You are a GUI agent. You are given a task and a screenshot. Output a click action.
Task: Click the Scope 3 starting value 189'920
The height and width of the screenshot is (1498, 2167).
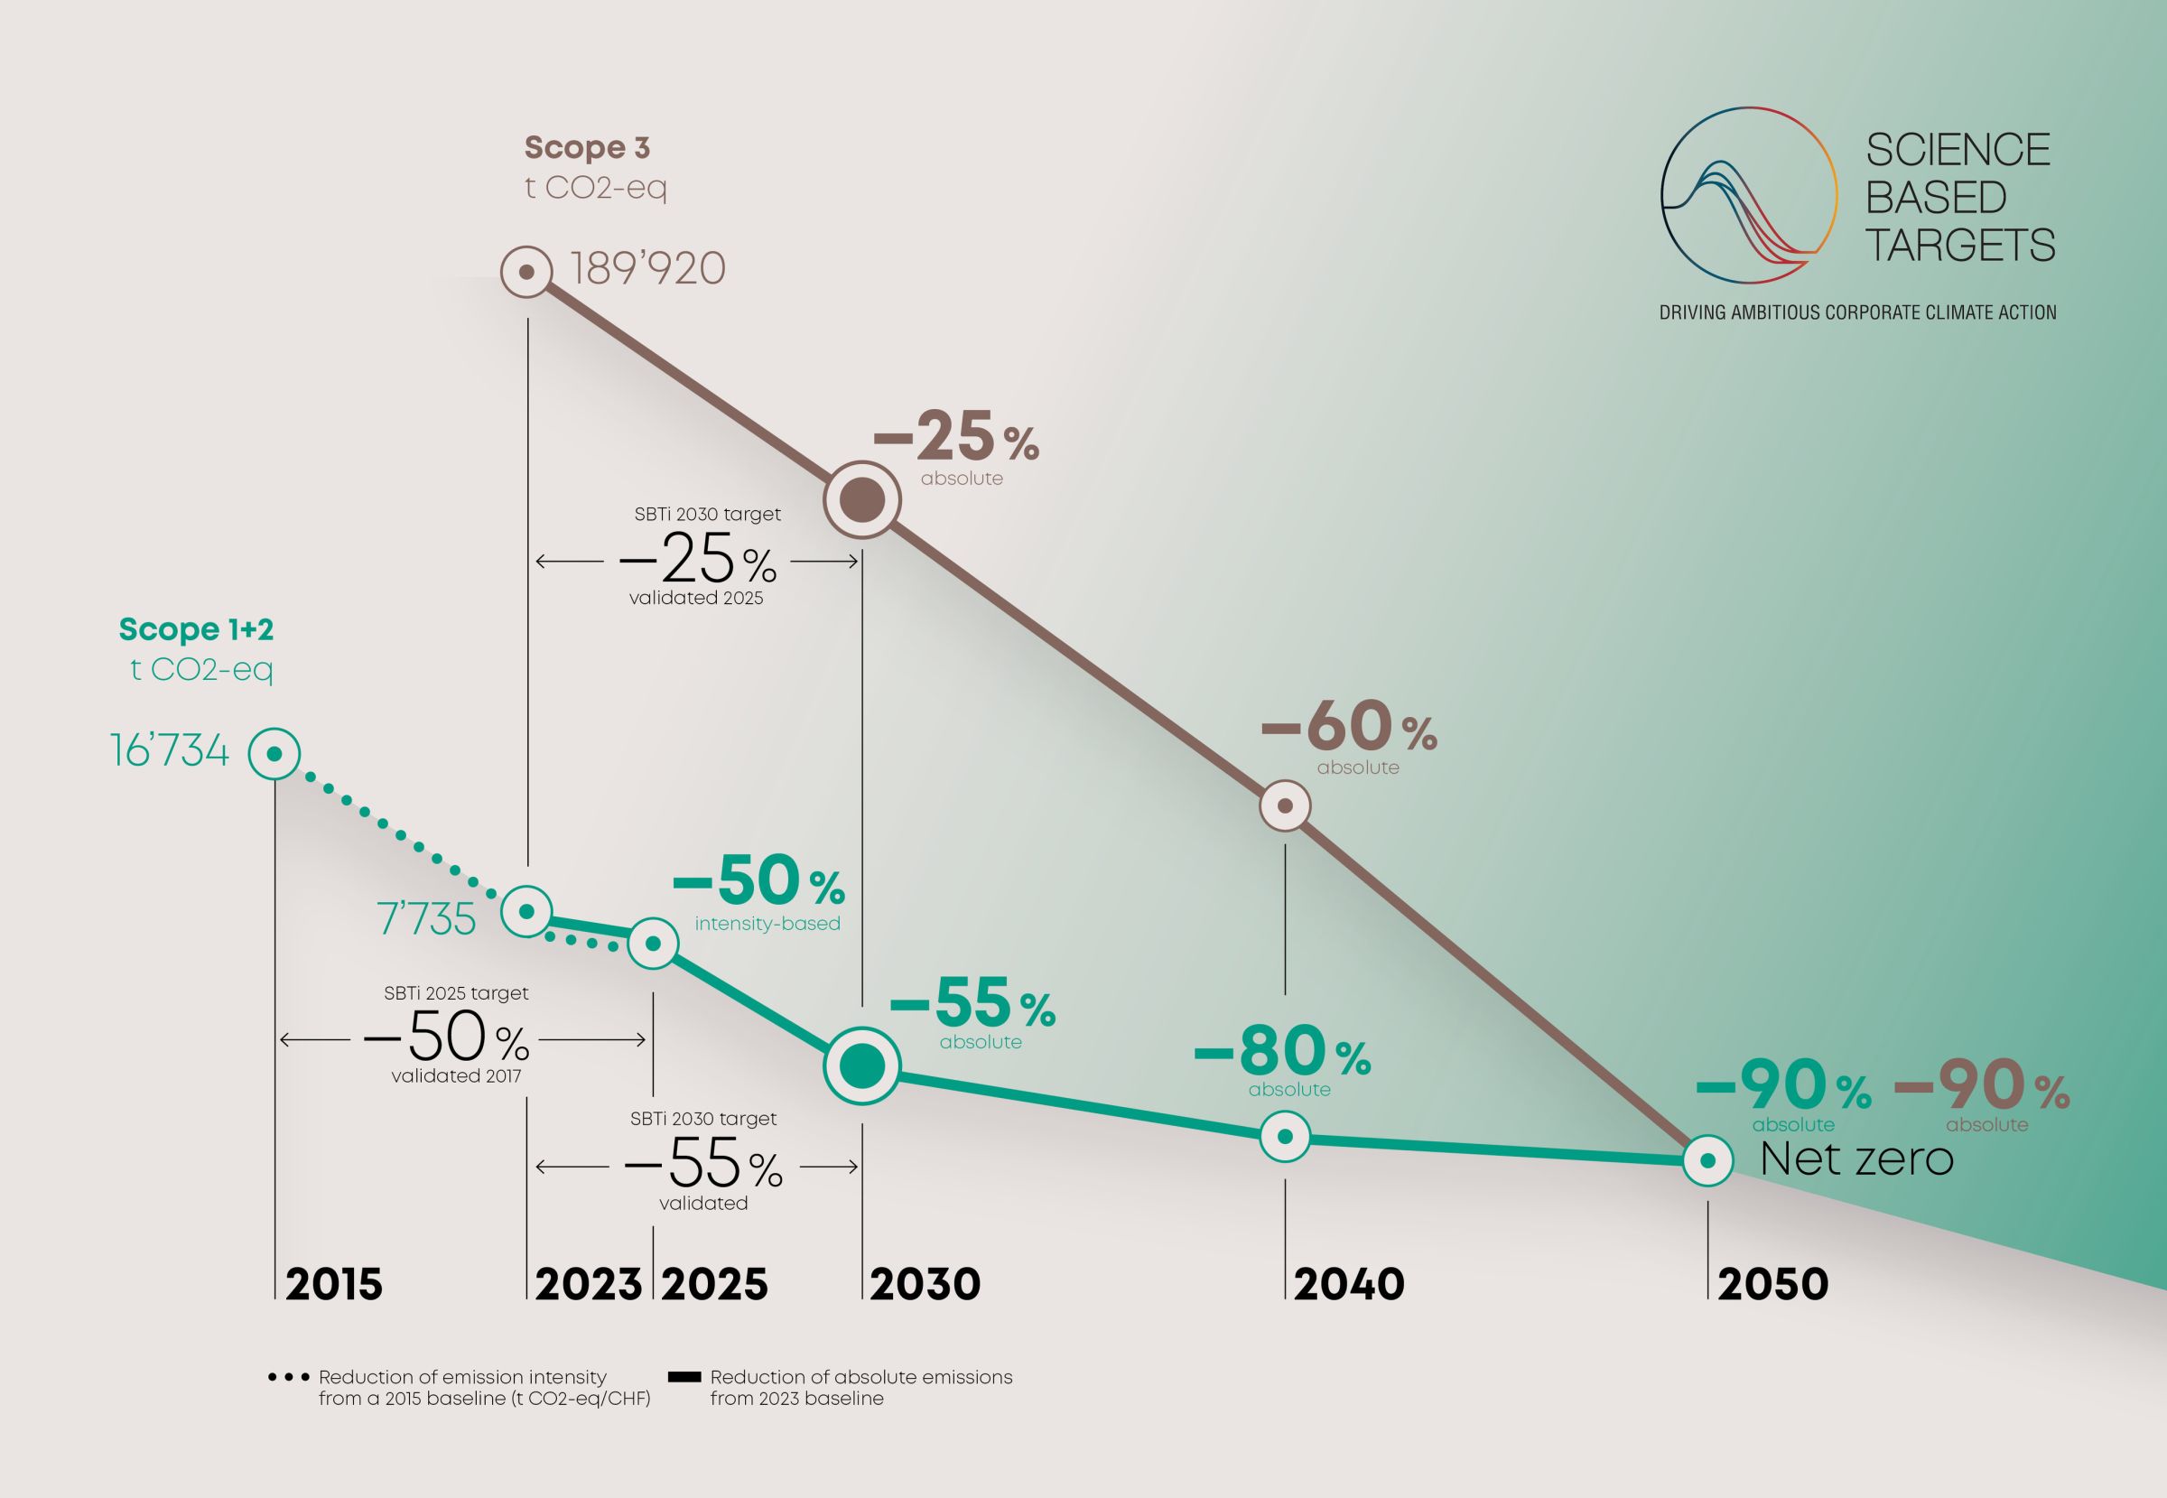[x=647, y=270]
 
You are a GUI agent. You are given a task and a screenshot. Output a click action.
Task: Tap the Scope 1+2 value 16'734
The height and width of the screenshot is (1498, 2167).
[x=170, y=751]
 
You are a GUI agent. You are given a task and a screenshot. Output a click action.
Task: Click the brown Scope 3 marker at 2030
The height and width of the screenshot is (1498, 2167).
[x=862, y=500]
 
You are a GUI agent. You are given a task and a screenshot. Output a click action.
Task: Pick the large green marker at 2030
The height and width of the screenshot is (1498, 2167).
[x=862, y=1065]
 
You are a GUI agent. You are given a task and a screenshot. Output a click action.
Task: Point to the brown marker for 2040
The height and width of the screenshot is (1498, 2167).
[x=1285, y=805]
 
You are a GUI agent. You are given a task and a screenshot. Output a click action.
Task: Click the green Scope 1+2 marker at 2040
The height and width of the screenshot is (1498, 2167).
[x=1285, y=1136]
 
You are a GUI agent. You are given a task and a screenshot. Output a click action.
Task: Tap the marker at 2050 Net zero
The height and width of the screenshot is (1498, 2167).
[x=1708, y=1161]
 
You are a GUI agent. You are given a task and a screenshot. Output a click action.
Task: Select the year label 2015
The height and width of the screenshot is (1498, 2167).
[x=334, y=1285]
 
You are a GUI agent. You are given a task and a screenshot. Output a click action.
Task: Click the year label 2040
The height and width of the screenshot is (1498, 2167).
[x=1349, y=1285]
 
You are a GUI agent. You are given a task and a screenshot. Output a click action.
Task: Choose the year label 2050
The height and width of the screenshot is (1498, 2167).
[x=1772, y=1285]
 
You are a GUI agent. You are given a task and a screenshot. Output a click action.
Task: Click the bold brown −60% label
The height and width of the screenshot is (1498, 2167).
[x=1349, y=729]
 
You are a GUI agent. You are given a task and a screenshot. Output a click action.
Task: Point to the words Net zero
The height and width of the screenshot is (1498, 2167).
[x=1856, y=1159]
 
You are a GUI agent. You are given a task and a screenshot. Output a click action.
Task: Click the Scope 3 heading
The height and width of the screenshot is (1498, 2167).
[x=587, y=147]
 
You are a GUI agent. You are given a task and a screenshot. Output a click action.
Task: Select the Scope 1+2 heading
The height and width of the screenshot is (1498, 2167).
[x=196, y=628]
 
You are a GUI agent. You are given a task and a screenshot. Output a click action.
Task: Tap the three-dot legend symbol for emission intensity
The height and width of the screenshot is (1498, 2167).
[x=288, y=1378]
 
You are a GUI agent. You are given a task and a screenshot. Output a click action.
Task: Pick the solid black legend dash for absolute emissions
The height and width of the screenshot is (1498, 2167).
[x=684, y=1378]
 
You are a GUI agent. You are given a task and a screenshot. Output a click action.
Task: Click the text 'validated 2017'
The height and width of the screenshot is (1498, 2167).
[x=456, y=1075]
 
